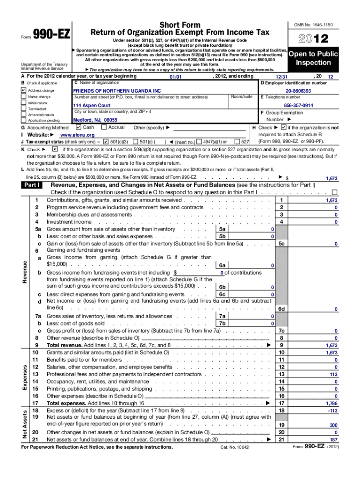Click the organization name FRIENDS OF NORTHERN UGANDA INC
point(116,90)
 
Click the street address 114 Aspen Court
point(92,106)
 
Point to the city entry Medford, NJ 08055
point(95,120)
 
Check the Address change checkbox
point(24,90)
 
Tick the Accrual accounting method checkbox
point(104,127)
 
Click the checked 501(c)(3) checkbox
point(106,141)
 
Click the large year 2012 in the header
point(311,38)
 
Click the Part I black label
point(34,185)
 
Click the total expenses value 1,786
point(331,403)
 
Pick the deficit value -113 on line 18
point(332,410)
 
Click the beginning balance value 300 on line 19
point(333,425)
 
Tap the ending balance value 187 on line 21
point(333,440)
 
